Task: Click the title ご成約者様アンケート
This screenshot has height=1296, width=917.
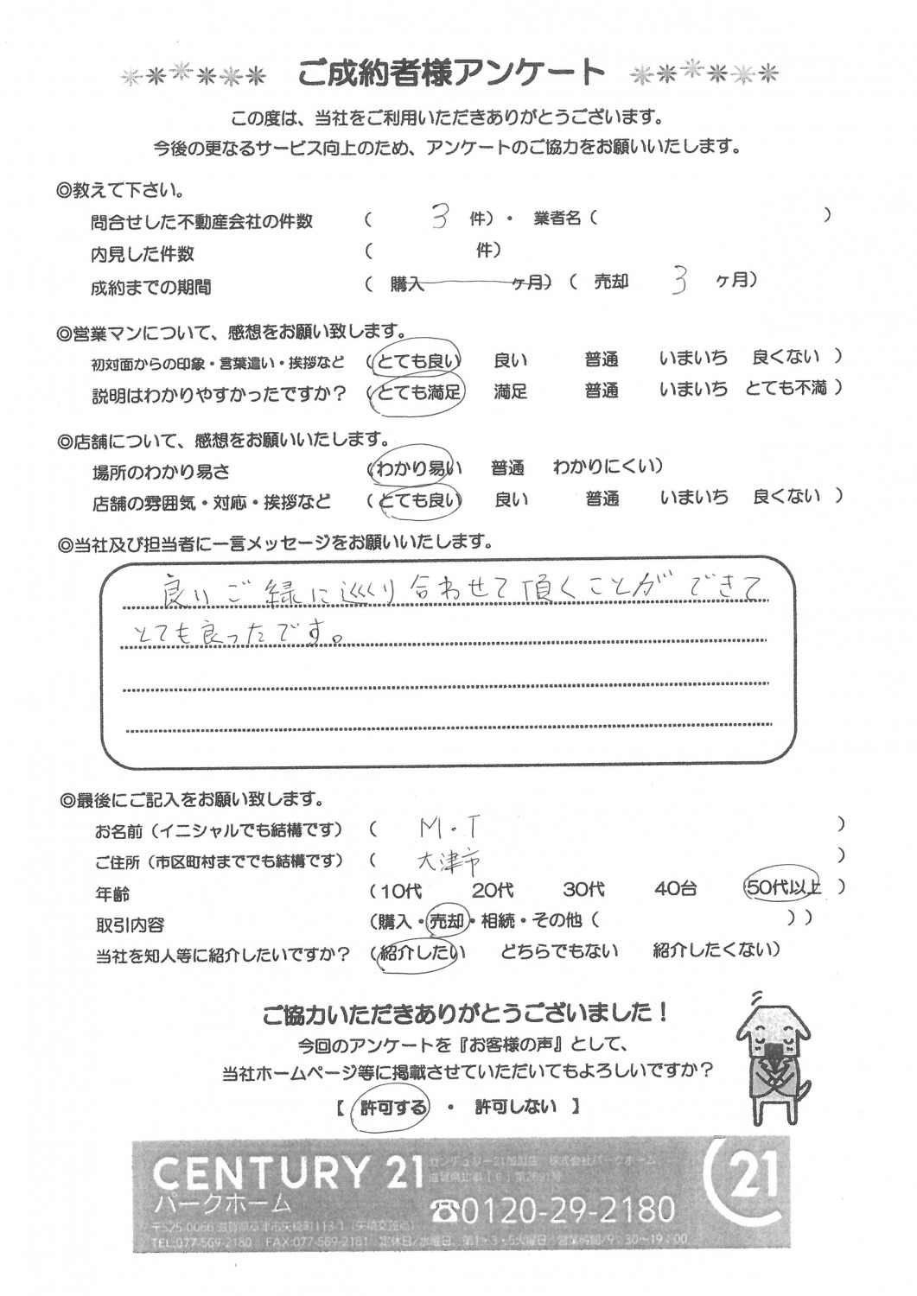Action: pos(450,73)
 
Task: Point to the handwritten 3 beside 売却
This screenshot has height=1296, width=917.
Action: pos(678,282)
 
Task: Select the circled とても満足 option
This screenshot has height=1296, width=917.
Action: pos(417,391)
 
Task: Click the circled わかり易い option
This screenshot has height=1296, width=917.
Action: pos(416,469)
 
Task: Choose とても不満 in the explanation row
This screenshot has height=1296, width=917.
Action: pos(785,389)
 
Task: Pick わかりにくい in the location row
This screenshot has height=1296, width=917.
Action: pos(608,467)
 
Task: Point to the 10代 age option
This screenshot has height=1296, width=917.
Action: pos(397,889)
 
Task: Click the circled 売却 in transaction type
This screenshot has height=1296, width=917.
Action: pos(448,921)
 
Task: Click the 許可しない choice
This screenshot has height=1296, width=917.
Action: pos(516,1106)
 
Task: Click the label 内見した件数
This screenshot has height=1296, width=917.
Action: pos(143,254)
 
